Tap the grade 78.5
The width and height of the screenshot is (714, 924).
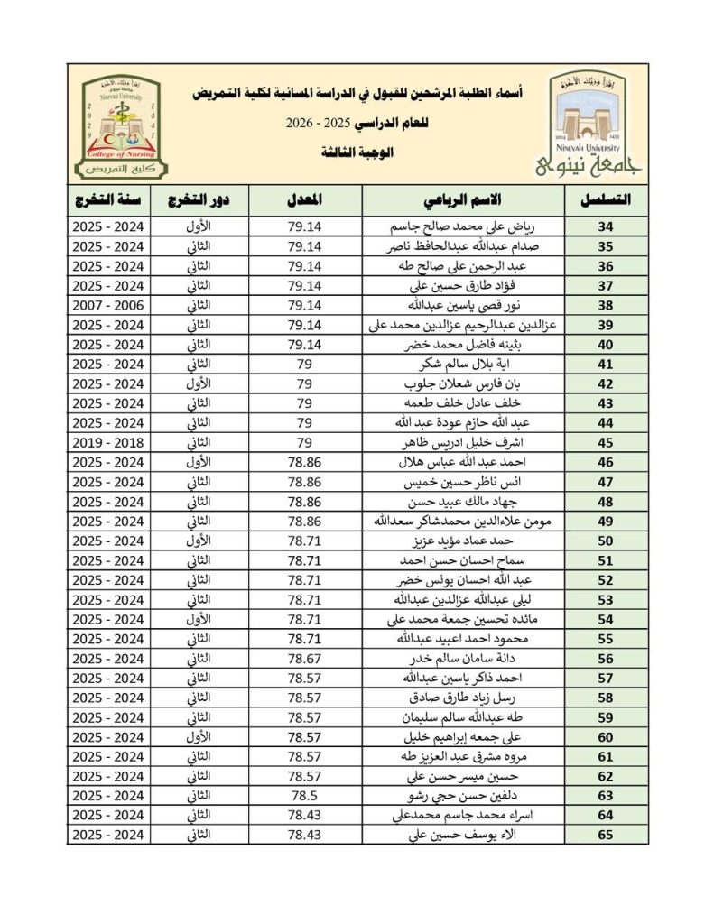[x=304, y=796]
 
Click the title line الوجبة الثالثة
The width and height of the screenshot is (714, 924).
[x=361, y=152]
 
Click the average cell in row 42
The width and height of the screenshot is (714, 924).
[x=304, y=384]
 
